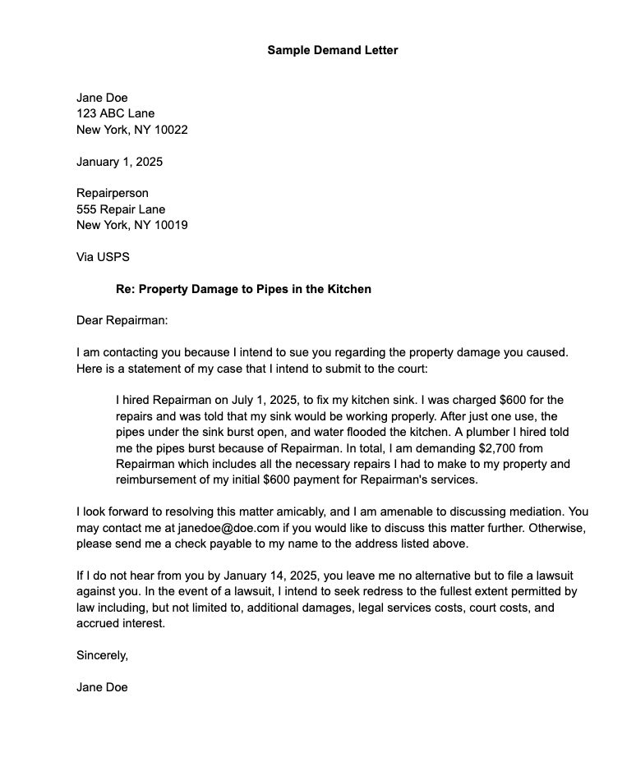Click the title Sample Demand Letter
pyautogui.click(x=332, y=50)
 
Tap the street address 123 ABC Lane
pyautogui.click(x=115, y=113)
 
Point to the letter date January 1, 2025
pyautogui.click(x=119, y=162)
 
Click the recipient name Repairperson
pyautogui.click(x=113, y=193)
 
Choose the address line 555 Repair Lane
pyautogui.click(x=121, y=209)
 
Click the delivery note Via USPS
pyautogui.click(x=103, y=257)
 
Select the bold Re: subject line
pyautogui.click(x=243, y=289)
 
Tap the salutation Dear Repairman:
pyautogui.click(x=122, y=320)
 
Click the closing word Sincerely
pyautogui.click(x=102, y=655)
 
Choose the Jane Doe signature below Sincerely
pyautogui.click(x=102, y=687)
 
